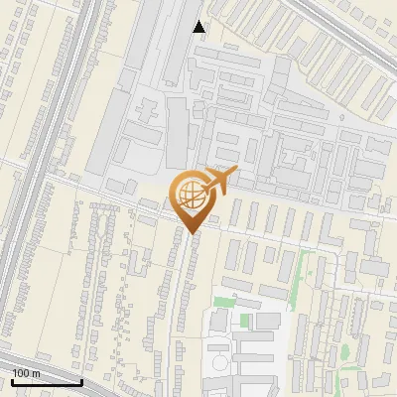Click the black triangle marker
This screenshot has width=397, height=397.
[199, 26]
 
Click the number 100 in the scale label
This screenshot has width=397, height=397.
[20, 372]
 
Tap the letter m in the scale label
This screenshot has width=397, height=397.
[36, 372]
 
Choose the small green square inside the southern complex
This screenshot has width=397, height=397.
[243, 320]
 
